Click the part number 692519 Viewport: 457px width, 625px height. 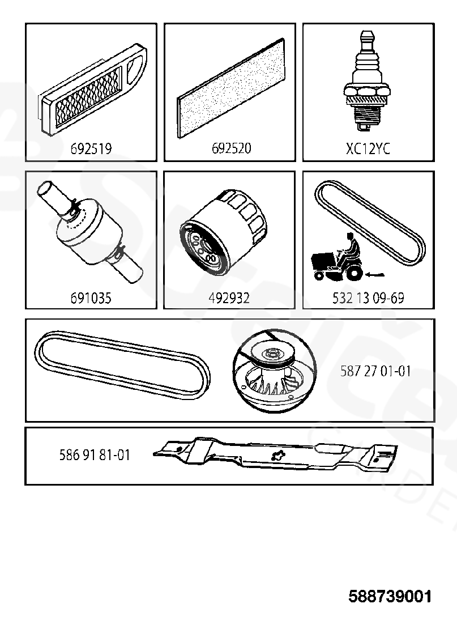pyautogui.click(x=91, y=148)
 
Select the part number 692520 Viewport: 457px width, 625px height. pyautogui.click(x=231, y=148)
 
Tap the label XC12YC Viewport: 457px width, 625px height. pyautogui.click(x=368, y=148)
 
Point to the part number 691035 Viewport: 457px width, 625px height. pyautogui.click(x=91, y=297)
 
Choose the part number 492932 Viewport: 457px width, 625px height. pyautogui.click(x=229, y=297)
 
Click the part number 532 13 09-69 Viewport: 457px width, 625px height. pyautogui.click(x=368, y=297)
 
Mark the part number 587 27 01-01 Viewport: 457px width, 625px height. pyautogui.click(x=375, y=371)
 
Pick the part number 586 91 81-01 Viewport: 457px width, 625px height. pyautogui.click(x=95, y=455)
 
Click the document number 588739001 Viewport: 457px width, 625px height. pyautogui.click(x=390, y=597)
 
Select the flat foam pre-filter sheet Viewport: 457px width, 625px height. pyautogui.click(x=231, y=88)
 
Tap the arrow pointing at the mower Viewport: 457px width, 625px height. pyautogui.click(x=375, y=274)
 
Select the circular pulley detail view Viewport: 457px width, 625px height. pyautogui.click(x=275, y=371)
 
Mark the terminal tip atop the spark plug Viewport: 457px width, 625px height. pyautogui.click(x=367, y=38)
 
